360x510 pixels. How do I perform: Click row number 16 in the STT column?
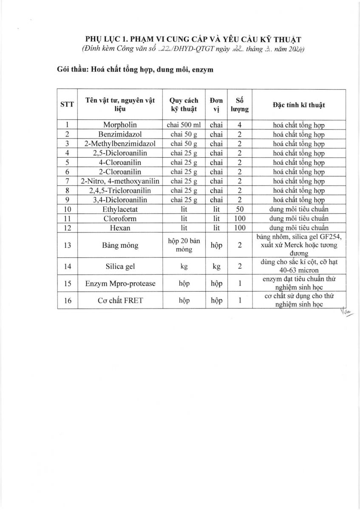(x=67, y=300)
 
